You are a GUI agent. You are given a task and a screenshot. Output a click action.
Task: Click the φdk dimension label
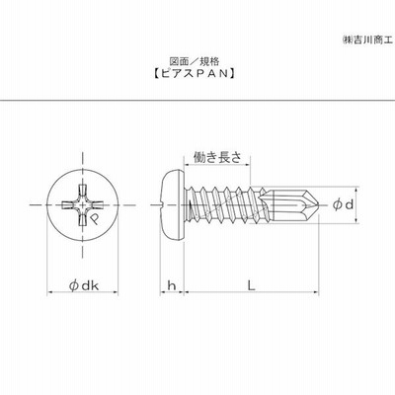coord(84,285)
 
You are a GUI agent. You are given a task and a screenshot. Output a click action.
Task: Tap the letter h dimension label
coord(172,285)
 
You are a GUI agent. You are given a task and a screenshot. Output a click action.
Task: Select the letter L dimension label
coord(252,285)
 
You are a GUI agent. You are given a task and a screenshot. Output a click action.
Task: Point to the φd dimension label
coord(343,204)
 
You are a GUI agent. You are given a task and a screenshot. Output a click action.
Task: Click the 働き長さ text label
coord(217,157)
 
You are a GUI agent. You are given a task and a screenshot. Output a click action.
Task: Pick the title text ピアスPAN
coord(195,73)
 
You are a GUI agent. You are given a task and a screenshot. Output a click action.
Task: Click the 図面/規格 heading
coord(195,61)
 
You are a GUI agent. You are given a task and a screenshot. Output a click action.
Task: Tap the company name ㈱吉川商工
coord(367,40)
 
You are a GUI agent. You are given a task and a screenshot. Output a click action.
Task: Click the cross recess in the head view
coord(82,205)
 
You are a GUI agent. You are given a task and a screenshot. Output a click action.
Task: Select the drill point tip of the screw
coord(318,204)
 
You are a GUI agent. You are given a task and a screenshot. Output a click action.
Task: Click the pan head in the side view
coord(172,205)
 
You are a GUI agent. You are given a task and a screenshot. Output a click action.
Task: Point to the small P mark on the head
coord(95,219)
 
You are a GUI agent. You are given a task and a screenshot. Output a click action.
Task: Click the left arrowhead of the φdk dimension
coord(50,291)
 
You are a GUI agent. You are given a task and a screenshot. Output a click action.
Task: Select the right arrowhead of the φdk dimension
coord(115,291)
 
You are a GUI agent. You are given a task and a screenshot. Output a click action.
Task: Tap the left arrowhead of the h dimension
coord(163,291)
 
